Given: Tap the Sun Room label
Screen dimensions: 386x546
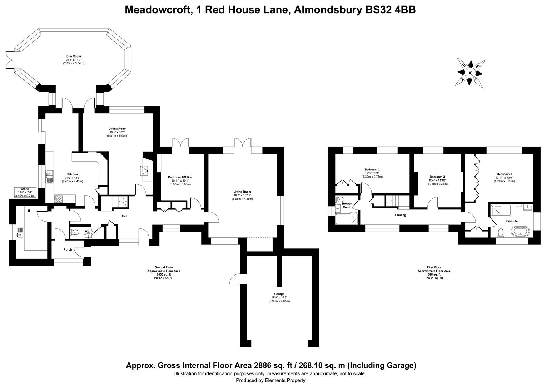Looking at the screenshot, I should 74,56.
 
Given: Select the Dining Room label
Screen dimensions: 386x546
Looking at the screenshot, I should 117,129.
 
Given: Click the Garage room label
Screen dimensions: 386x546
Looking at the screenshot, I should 279,294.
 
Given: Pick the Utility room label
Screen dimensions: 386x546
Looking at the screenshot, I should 25,189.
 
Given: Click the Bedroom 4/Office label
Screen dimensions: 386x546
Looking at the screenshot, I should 180,177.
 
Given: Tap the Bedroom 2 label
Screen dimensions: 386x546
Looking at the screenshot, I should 372,169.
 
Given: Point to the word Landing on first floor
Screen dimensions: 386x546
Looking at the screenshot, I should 400,215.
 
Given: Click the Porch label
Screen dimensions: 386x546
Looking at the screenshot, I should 68,249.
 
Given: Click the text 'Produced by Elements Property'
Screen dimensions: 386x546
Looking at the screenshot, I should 270,380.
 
